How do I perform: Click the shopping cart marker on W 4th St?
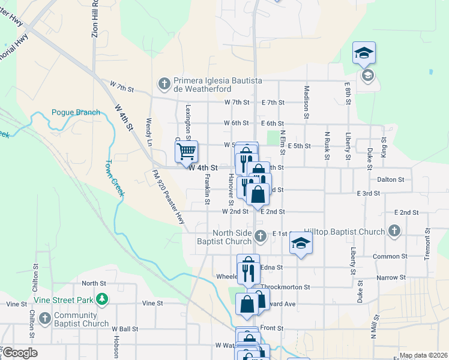tap(187, 151)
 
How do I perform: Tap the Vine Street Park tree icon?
tap(103, 298)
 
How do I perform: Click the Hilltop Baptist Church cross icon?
tap(394, 231)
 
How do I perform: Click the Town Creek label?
tap(115, 178)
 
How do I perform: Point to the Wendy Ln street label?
tap(149, 132)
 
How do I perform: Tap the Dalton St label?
tap(391, 179)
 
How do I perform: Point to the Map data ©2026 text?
tap(422, 355)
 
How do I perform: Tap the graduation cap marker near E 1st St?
tap(301, 242)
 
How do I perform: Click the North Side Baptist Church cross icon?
tap(260, 236)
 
